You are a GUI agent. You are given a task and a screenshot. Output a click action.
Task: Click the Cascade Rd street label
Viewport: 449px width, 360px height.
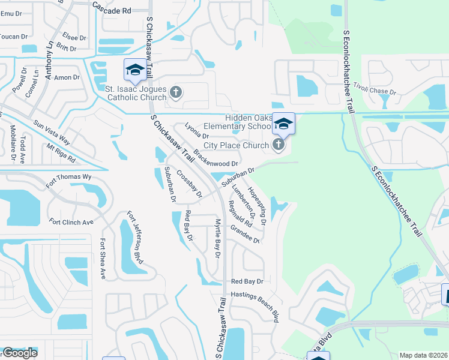pyautogui.click(x=112, y=10)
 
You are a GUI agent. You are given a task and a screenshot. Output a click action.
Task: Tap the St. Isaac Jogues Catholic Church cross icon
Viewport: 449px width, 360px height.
pyautogui.click(x=175, y=92)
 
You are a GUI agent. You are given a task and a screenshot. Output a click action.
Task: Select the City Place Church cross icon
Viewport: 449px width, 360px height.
pyautogui.click(x=277, y=145)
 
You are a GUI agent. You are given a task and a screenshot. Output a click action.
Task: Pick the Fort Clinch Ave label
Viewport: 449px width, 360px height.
pyautogui.click(x=71, y=222)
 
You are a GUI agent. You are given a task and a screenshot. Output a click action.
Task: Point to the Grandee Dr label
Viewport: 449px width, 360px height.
pyautogui.click(x=245, y=235)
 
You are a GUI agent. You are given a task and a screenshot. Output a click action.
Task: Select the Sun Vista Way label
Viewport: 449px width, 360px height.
pyautogui.click(x=52, y=133)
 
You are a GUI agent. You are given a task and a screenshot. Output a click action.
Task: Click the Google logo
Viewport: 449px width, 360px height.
pyautogui.click(x=20, y=352)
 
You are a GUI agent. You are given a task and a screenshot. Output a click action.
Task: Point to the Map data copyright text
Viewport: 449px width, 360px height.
pyautogui.click(x=423, y=355)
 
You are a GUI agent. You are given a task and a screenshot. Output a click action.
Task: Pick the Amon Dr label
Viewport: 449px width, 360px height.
pyautogui.click(x=67, y=77)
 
